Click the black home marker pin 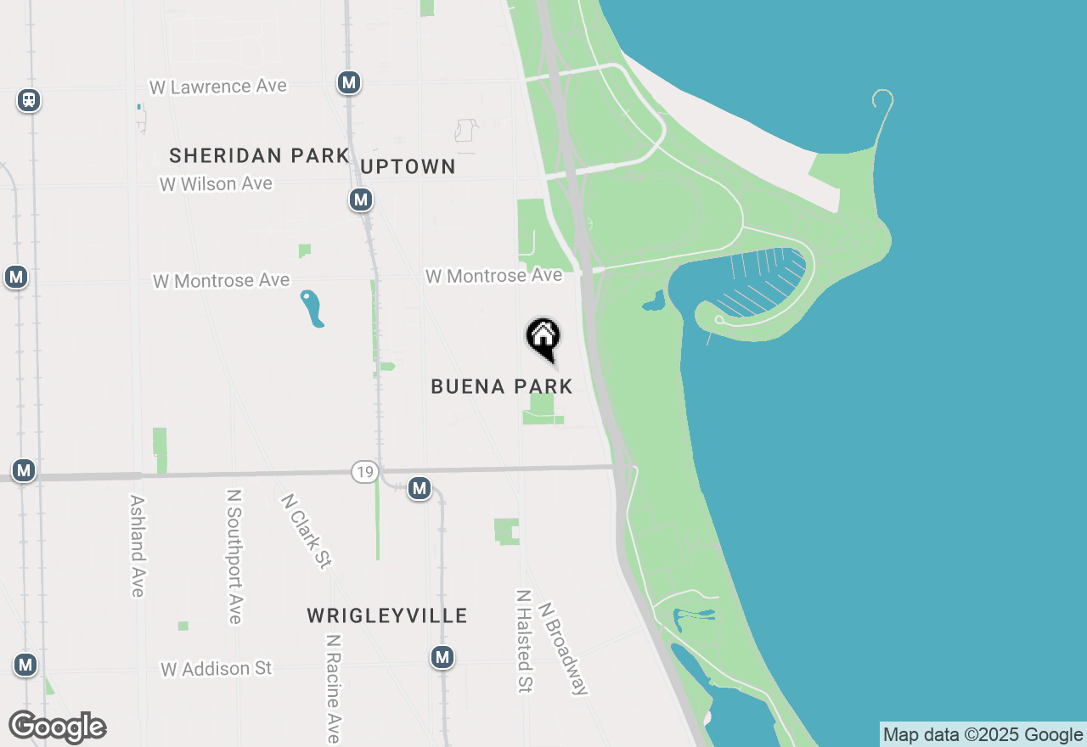pos(543,338)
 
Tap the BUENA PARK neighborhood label pos(502,387)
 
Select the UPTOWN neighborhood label pos(408,167)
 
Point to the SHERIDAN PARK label pos(259,155)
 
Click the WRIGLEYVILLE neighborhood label pos(387,615)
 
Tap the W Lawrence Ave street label pos(218,87)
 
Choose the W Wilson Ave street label pos(217,183)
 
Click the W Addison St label pos(217,669)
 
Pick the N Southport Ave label pos(235,556)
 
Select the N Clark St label pos(305,531)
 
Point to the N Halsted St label pos(524,641)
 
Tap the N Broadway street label pos(562,649)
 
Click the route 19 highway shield pos(364,472)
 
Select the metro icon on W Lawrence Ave pos(348,82)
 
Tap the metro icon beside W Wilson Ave pos(361,200)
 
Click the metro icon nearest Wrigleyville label pos(442,657)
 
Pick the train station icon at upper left pos(29,100)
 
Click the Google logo pos(58,727)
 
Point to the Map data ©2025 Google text pos(983,735)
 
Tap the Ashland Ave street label pos(137,546)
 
